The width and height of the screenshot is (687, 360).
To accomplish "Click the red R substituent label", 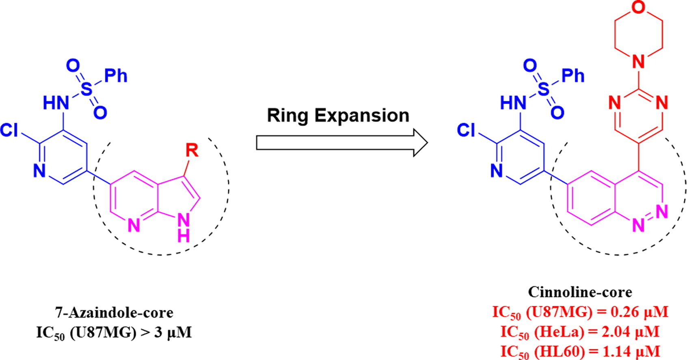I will click(192, 150).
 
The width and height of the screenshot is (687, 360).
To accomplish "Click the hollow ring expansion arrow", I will click(341, 143).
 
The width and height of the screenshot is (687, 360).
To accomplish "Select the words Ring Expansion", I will click(338, 115).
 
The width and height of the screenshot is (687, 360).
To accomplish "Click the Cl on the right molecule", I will click(466, 130).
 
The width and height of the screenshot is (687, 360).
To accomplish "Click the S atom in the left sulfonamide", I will click(86, 89).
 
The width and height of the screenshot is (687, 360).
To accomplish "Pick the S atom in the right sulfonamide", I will click(543, 89).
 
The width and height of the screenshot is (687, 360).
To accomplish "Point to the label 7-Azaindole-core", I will click(114, 312).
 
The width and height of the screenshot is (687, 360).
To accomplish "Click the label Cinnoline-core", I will click(580, 292).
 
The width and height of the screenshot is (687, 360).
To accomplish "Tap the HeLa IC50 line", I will click(580, 332).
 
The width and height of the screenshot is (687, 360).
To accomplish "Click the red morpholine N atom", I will click(639, 62).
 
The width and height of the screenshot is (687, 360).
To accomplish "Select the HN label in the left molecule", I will click(56, 104).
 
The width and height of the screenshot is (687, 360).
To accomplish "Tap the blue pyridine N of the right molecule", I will click(496, 171).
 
